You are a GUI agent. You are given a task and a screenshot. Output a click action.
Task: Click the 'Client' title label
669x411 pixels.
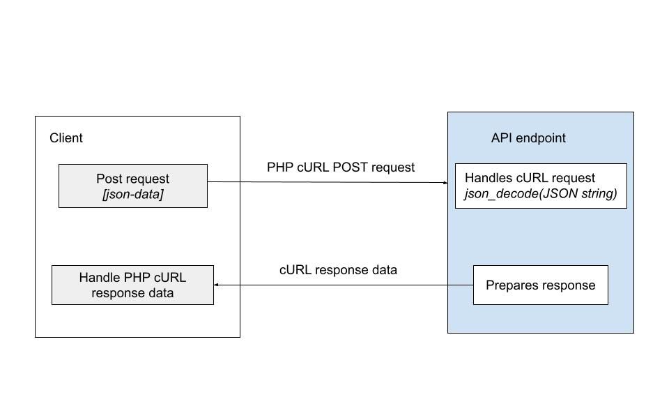66,138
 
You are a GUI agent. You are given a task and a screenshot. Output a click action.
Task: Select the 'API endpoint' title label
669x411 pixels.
528,138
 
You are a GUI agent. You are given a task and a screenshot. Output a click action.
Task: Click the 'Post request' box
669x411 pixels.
132,186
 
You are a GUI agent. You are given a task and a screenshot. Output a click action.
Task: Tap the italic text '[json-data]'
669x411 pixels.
132,195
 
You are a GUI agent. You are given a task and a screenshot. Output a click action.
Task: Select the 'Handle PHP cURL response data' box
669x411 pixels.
132,285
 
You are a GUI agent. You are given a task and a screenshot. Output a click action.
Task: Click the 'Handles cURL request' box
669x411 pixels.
541,186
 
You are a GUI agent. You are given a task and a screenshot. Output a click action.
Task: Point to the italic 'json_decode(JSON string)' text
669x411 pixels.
541,194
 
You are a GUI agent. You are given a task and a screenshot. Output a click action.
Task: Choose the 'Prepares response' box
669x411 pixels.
540,285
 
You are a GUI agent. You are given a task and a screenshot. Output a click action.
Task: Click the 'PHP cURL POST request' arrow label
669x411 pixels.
341,167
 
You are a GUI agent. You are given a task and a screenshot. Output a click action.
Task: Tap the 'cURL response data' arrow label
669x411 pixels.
338,270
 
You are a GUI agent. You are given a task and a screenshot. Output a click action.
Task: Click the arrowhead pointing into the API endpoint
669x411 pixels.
445,183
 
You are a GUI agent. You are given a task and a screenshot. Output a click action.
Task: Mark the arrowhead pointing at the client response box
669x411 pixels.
217,285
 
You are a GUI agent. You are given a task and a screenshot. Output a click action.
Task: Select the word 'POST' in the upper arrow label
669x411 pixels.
353,167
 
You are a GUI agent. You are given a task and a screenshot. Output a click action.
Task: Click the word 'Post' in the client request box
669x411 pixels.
109,179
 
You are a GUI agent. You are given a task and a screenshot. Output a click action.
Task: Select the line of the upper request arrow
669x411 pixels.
328,183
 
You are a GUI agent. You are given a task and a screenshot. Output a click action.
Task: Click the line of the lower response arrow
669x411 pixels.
341,285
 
